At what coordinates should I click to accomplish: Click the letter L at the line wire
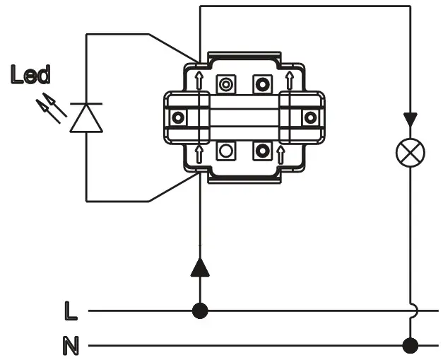pos(69,310)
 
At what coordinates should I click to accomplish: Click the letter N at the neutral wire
pos(71,347)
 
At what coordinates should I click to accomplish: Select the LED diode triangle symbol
pos(86,117)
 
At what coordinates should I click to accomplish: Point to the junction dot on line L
pos(201,310)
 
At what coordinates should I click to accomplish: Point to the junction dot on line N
pos(410,346)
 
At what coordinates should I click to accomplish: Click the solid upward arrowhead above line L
pos(201,267)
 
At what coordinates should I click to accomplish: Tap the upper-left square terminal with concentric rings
pos(226,85)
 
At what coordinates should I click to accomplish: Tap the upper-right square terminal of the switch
pos(262,85)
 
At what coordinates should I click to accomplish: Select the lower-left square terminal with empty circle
pos(226,150)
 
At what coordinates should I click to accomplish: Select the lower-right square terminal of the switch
pos(262,150)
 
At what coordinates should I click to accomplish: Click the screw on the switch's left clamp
pos(178,117)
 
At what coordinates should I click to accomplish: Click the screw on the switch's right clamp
pos(309,117)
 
